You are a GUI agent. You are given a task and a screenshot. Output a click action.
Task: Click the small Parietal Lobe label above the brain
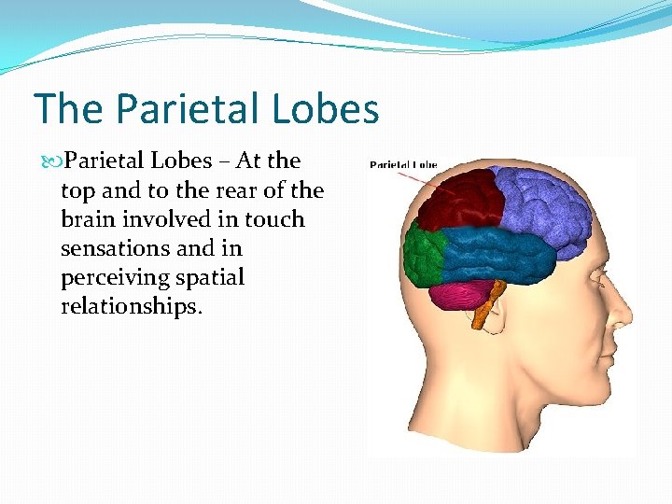pos(403,165)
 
